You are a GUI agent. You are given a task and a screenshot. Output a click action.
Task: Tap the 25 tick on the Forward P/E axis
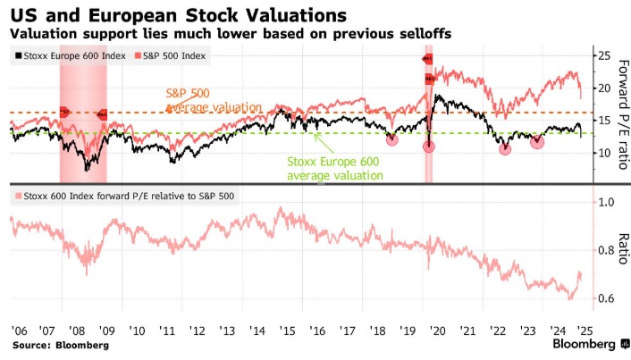[x=603, y=56]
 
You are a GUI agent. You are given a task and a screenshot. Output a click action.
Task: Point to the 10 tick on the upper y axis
[x=603, y=153]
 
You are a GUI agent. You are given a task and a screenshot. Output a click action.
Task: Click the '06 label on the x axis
[x=17, y=330]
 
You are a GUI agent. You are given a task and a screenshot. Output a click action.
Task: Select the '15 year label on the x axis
[x=286, y=330]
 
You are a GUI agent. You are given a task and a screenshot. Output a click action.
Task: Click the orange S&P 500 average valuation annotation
[x=213, y=100]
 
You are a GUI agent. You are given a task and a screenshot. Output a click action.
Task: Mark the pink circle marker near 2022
[x=505, y=147]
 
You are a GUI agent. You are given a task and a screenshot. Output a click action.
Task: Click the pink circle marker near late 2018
[x=391, y=138]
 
